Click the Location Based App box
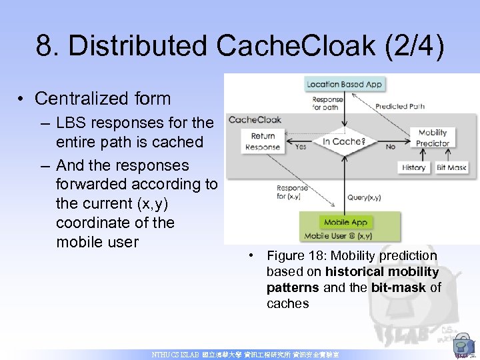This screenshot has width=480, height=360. click(344, 85)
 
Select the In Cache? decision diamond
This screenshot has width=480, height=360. click(343, 141)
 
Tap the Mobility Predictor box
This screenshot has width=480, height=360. click(433, 137)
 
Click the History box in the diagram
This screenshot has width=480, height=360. click(414, 167)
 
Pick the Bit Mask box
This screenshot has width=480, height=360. click(451, 167)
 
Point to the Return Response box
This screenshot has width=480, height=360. click(263, 141)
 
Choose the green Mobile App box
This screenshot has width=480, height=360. click(345, 222)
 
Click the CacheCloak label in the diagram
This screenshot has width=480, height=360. click(255, 120)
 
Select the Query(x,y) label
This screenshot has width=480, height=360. click(364, 197)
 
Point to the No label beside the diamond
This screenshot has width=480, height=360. click(390, 147)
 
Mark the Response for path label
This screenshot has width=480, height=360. click(328, 104)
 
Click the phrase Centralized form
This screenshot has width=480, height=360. click(103, 99)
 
